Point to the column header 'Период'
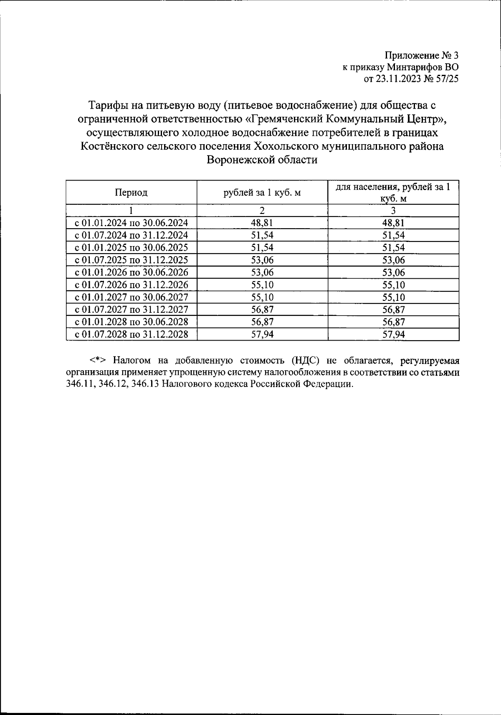[131, 193]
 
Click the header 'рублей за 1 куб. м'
[262, 193]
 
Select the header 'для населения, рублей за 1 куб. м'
[393, 193]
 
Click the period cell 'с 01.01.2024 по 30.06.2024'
[131, 223]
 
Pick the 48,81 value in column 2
[262, 223]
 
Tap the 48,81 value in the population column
[393, 223]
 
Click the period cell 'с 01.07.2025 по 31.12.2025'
[131, 260]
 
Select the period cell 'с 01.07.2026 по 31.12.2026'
[131, 285]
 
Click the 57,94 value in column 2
[262, 334]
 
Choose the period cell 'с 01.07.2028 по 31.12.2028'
[131, 334]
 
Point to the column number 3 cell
[393, 211]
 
